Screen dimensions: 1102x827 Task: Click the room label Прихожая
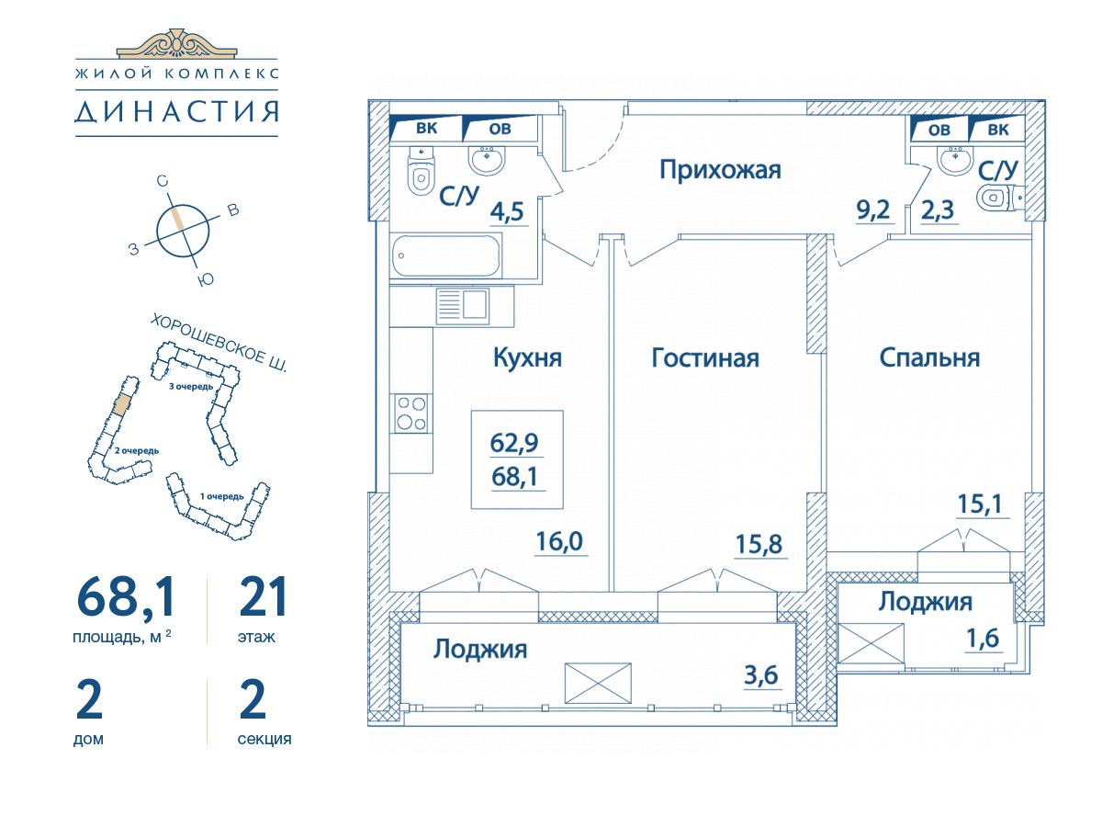point(720,170)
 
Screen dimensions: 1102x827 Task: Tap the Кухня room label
point(527,358)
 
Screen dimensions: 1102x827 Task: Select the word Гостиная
point(705,358)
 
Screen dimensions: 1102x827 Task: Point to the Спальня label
point(929,358)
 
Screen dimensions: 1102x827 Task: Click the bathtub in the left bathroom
point(446,255)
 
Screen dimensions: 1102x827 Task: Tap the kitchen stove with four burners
point(411,413)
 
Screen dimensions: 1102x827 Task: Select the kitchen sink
point(462,305)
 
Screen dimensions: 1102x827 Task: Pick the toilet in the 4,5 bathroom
point(421,171)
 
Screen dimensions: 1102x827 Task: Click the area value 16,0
point(559,542)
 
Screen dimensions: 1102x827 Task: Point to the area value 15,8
point(759,544)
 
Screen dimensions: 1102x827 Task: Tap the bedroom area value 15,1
point(980,504)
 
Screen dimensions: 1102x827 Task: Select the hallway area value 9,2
point(873,210)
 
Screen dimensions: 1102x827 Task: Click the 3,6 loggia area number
point(761,675)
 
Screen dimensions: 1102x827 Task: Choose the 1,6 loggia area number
point(983,639)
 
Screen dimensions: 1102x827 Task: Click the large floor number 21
point(263,596)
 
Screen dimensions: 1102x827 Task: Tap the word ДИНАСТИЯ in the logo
point(176,112)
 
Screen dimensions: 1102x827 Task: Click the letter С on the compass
point(162,181)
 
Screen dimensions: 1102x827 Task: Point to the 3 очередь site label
point(191,387)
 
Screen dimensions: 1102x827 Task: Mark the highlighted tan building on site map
point(121,403)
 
